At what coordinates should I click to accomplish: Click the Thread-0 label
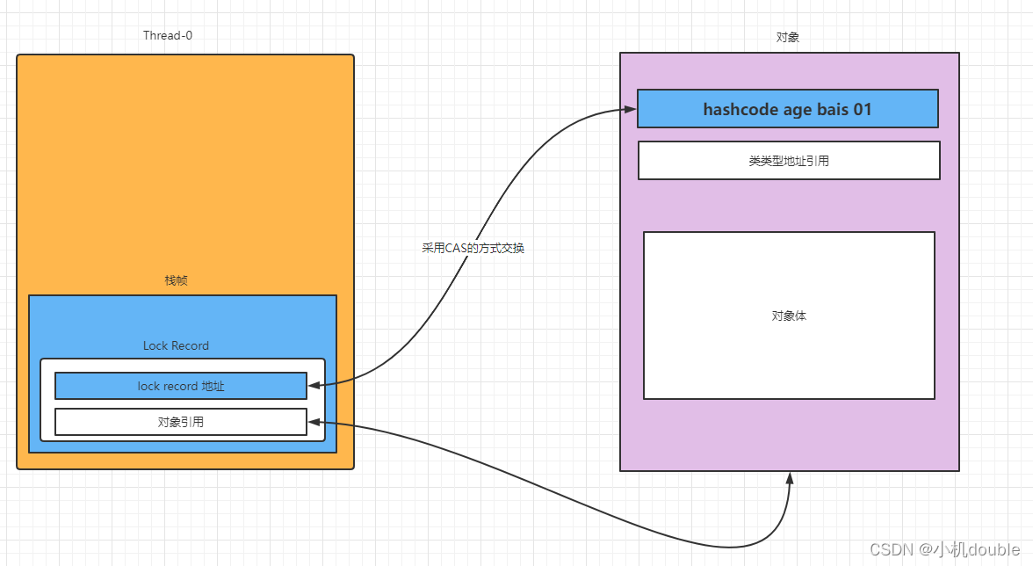click(x=168, y=36)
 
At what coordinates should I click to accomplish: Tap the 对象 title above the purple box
click(x=788, y=38)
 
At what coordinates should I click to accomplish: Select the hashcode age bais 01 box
click(x=788, y=109)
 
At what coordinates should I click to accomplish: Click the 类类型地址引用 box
click(x=789, y=161)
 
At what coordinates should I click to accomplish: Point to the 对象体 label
click(x=789, y=316)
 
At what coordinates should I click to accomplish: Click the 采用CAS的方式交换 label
click(x=473, y=249)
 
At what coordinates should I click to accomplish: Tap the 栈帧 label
click(x=177, y=280)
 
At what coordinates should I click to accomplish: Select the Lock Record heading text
click(x=176, y=345)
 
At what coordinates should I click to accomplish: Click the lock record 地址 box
click(x=181, y=386)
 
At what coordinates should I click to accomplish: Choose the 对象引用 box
click(x=181, y=422)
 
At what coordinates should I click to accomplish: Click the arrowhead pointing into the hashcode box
click(x=630, y=109)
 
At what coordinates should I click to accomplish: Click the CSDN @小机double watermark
click(x=944, y=549)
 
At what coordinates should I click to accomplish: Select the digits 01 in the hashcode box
click(x=862, y=110)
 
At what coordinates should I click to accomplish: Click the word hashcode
click(x=740, y=110)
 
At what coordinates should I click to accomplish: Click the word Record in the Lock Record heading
click(x=190, y=345)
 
